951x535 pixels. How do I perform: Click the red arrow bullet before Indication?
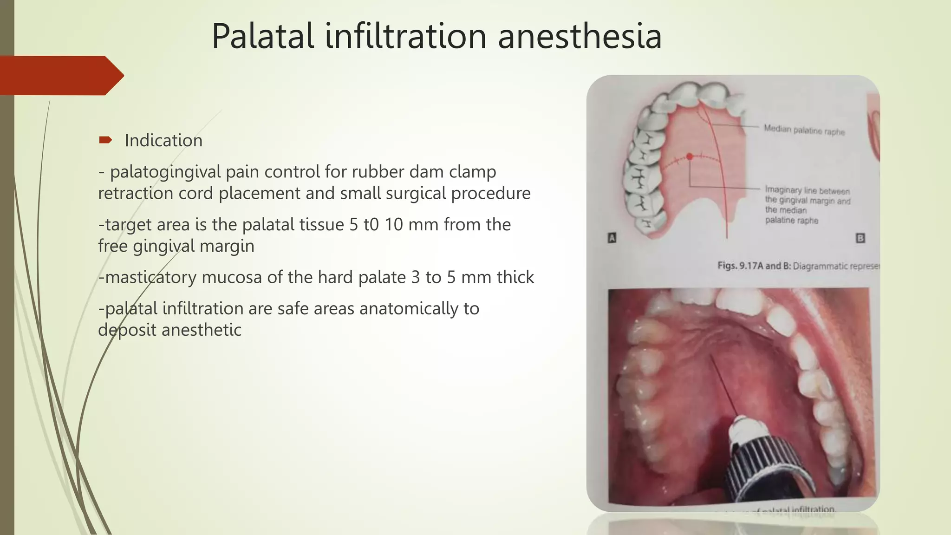point(105,140)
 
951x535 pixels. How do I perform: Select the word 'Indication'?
point(163,140)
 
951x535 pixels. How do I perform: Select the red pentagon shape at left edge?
point(60,75)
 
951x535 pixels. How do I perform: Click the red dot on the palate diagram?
point(690,157)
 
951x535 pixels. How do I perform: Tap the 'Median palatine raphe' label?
point(804,130)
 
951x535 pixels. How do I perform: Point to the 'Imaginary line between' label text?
point(807,190)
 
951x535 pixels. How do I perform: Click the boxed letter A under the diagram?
point(612,238)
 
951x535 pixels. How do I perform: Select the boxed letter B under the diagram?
point(860,238)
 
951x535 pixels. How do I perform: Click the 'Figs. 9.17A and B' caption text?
point(754,266)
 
